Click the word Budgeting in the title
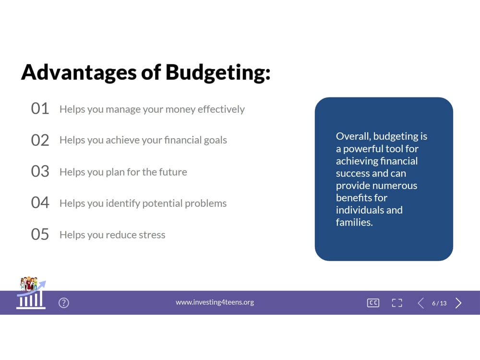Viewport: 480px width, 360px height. [218, 73]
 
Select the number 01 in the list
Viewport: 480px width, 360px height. [40, 108]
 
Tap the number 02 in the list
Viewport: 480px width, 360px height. [40, 140]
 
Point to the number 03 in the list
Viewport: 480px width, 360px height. [40, 171]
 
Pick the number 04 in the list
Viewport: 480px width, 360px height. [40, 203]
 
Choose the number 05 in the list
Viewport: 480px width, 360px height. [40, 234]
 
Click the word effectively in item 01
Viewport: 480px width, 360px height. [221, 109]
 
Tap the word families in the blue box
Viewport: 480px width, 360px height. [354, 222]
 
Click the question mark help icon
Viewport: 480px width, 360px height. [64, 303]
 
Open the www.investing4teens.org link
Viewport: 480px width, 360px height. [215, 302]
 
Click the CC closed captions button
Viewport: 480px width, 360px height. [373, 303]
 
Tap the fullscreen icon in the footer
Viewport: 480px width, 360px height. [397, 303]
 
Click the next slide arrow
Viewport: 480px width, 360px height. [458, 303]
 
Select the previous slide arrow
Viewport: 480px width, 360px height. [421, 303]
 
